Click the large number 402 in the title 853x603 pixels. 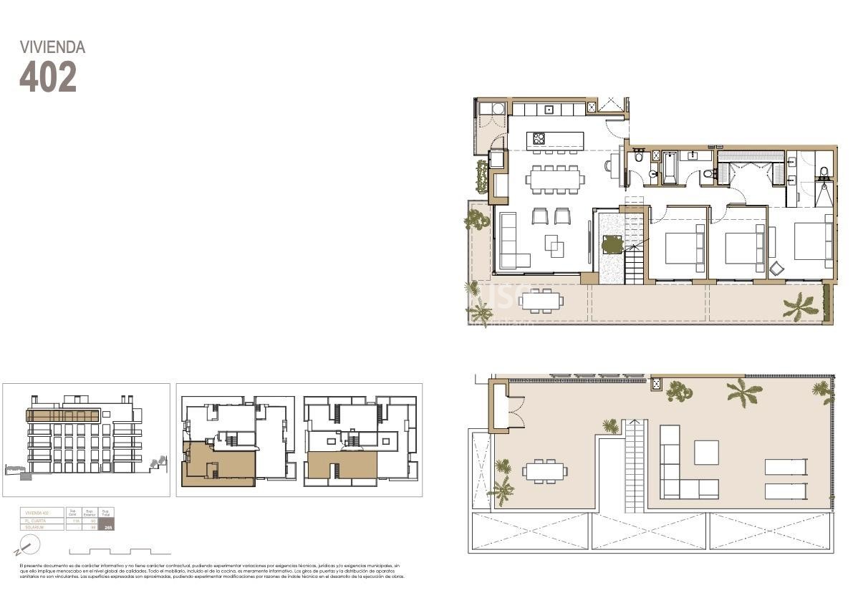[x=47, y=77]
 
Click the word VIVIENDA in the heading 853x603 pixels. [x=52, y=47]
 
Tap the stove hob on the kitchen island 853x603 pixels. [x=538, y=138]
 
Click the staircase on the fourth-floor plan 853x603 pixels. [x=635, y=261]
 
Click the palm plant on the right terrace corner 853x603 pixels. [x=801, y=306]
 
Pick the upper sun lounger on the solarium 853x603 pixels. [x=786, y=467]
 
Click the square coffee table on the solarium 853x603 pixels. [x=706, y=452]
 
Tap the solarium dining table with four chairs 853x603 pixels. [x=544, y=471]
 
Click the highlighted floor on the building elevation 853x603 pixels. [x=63, y=415]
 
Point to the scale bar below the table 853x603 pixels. [x=120, y=552]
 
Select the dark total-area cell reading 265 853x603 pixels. [x=108, y=527]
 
